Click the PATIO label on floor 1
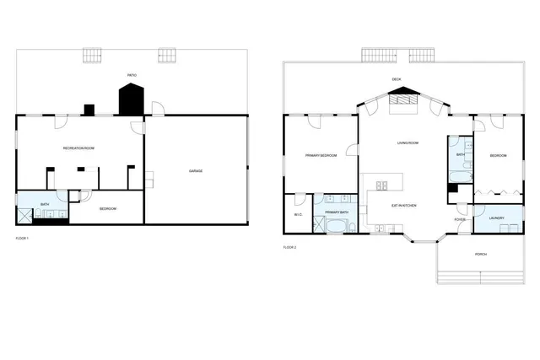132,75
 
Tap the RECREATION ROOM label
78,148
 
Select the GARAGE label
195,171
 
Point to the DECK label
396,79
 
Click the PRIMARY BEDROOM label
321,155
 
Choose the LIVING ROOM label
408,142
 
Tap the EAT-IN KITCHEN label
404,206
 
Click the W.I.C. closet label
298,214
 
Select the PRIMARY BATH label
337,212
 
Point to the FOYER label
459,220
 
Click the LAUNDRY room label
496,218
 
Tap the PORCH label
480,254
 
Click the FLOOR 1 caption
23,239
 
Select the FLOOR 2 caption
289,247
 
